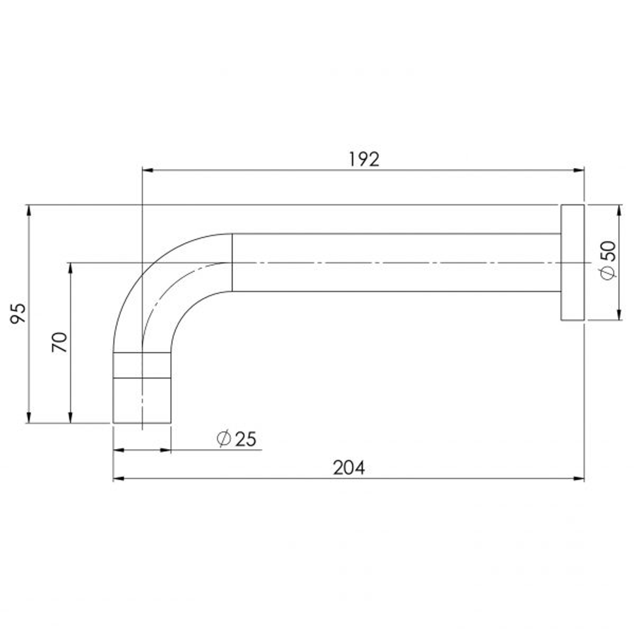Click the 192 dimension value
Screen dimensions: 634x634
click(x=364, y=159)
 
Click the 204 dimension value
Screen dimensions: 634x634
click(x=349, y=468)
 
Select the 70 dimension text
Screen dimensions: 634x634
click(x=60, y=342)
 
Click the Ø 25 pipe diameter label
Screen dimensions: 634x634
click(x=237, y=439)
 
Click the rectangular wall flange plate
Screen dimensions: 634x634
click(x=572, y=262)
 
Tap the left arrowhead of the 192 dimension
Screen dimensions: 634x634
click(x=148, y=170)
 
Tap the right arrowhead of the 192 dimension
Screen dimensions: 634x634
click(x=579, y=170)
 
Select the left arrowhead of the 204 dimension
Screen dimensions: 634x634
click(x=119, y=478)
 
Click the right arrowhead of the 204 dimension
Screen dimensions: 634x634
click(x=579, y=478)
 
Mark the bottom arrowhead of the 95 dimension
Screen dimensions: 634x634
click(x=28, y=417)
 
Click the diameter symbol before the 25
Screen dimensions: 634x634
click(x=223, y=439)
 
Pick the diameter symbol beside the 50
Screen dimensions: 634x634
click(x=609, y=273)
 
